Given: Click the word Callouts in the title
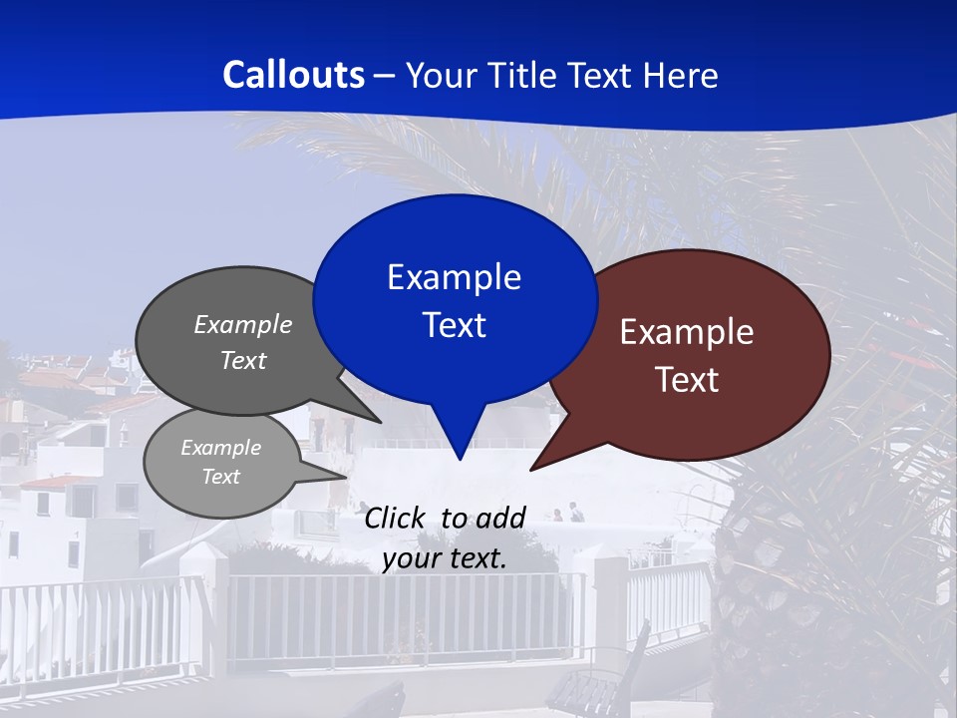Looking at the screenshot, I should [293, 75].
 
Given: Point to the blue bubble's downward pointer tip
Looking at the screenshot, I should [459, 458].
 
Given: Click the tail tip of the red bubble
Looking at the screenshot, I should [532, 468].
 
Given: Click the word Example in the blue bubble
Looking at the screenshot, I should [454, 277].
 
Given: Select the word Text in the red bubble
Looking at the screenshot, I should [687, 380].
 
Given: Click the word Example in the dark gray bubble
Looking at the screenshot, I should [243, 325].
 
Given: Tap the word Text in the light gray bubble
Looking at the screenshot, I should [220, 477].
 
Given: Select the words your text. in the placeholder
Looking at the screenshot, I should [445, 558].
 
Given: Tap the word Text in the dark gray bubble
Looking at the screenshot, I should [243, 361].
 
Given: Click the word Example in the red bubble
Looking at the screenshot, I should [687, 332].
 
